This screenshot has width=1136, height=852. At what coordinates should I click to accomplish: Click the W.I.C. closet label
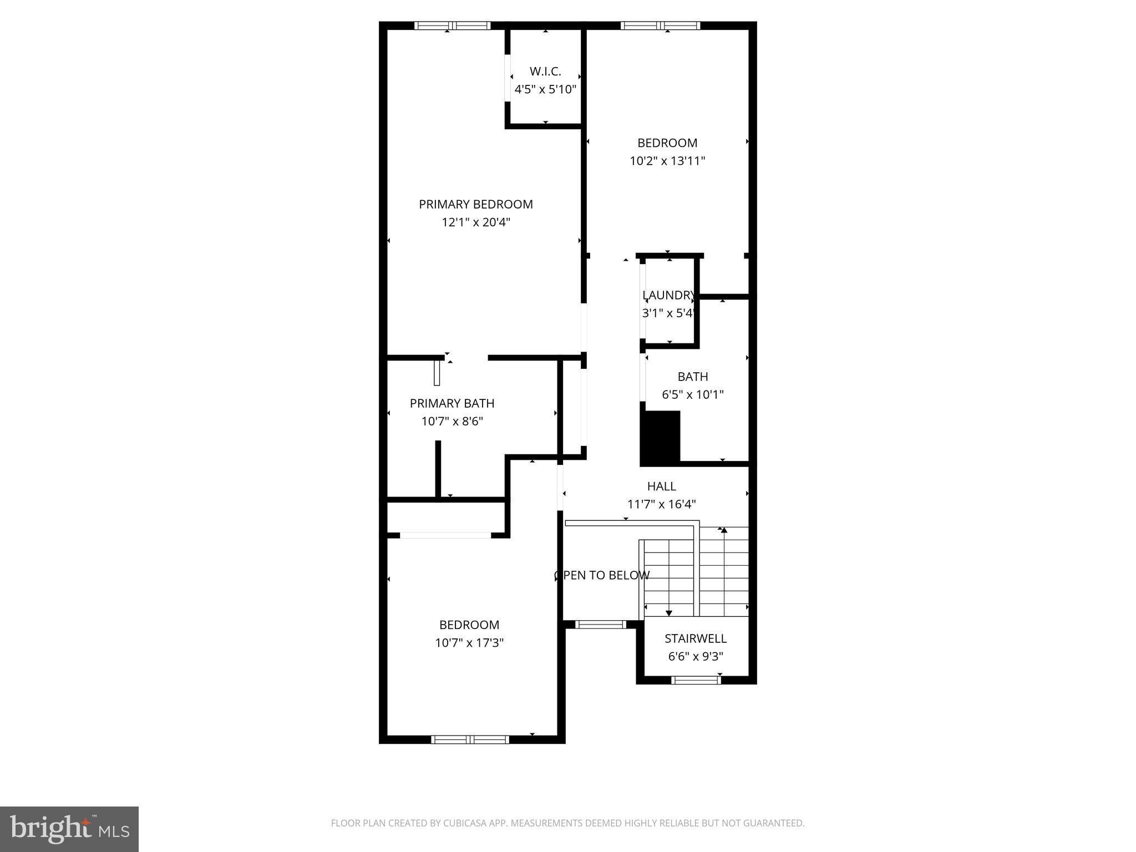tap(545, 72)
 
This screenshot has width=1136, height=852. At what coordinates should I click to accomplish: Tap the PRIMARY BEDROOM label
tap(475, 204)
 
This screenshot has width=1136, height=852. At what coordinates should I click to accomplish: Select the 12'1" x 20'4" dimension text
tap(475, 222)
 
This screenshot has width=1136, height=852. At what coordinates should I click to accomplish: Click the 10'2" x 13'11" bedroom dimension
tap(667, 161)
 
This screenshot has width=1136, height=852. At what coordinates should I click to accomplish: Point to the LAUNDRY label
tap(668, 295)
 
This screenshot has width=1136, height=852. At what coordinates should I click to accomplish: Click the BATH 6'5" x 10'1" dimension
tap(692, 394)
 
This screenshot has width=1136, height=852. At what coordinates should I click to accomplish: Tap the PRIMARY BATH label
tap(452, 403)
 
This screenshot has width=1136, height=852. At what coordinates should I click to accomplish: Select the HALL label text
tap(661, 486)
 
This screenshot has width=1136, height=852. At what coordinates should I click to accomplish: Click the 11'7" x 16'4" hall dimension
tap(661, 504)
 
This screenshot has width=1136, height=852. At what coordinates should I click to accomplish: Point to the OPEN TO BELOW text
tap(602, 575)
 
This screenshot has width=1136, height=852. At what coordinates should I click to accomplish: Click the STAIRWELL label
tap(695, 638)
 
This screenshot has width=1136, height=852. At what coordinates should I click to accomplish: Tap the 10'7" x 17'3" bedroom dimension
tap(469, 643)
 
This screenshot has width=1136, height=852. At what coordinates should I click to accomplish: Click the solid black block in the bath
tap(660, 437)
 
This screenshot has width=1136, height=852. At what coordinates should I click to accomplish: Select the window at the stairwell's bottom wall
tap(695, 680)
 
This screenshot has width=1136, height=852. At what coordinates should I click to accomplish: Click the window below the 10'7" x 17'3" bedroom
tap(470, 739)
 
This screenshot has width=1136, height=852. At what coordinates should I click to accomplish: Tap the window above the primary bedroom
tap(452, 26)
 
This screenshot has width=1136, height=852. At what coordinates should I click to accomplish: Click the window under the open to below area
tap(600, 625)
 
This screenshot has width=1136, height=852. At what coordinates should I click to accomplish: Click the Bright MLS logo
tap(69, 829)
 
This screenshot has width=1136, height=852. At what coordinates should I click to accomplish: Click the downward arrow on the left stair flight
tap(669, 612)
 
